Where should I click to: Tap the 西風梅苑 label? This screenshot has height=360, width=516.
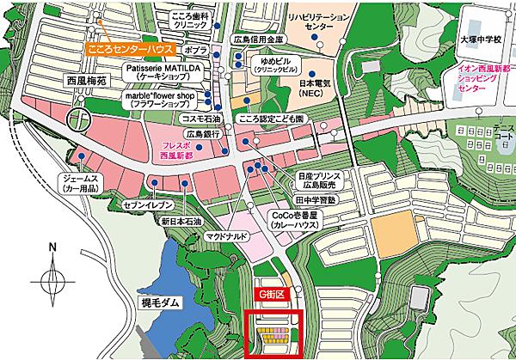(85, 85)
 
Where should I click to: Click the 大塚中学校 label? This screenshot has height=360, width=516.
(479, 39)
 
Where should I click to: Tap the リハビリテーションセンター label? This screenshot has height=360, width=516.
(319, 21)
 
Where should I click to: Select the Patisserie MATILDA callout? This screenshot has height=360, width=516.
(164, 70)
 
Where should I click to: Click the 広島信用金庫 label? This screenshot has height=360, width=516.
(258, 40)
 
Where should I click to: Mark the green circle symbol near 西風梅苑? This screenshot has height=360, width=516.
(79, 118)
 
